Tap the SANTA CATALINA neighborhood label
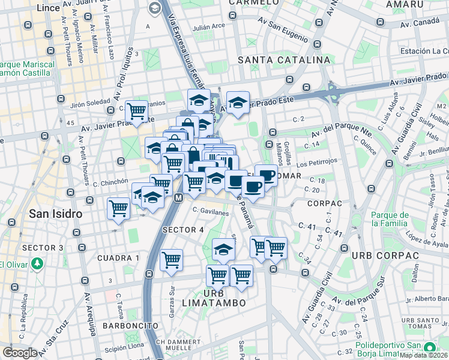tap(284, 60)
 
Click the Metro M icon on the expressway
tap(178, 197)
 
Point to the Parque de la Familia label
tap(390, 219)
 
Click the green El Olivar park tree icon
tap(37, 263)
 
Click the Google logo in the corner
tap(20, 353)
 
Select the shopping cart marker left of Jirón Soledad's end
tap(137, 111)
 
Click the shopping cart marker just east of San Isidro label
tap(118, 209)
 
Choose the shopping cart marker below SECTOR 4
tap(171, 260)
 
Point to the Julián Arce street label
tap(208, 27)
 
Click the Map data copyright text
tap(423, 355)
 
